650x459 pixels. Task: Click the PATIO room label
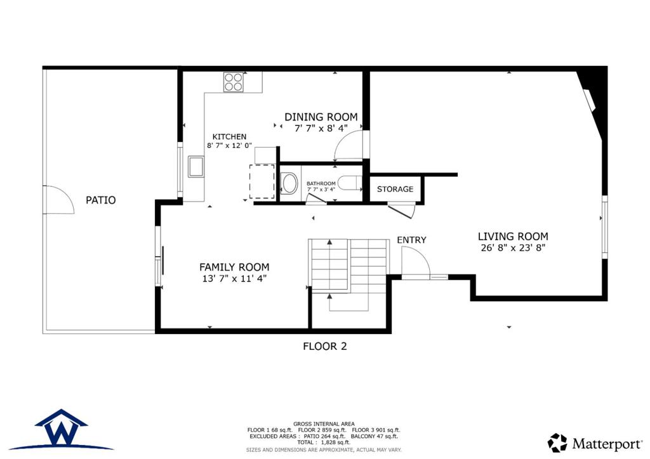(x=101, y=200)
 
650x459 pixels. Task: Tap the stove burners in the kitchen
(x=234, y=82)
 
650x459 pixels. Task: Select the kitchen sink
(x=196, y=166)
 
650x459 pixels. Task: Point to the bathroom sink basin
(x=289, y=183)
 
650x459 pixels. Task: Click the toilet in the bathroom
(x=349, y=184)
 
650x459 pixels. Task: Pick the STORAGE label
(x=395, y=189)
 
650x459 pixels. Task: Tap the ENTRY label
(x=411, y=240)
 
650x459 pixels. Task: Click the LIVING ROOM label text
(x=513, y=236)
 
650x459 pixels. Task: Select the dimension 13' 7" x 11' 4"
(x=234, y=278)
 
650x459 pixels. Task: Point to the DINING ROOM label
(x=321, y=117)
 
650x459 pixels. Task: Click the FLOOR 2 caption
(x=325, y=346)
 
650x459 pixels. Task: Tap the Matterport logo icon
(x=557, y=443)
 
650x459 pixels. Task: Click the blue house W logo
(x=62, y=430)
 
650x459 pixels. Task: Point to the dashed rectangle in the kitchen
(x=262, y=182)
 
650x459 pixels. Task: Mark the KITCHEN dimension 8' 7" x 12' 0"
(x=230, y=146)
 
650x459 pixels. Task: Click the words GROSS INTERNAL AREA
(x=324, y=424)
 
